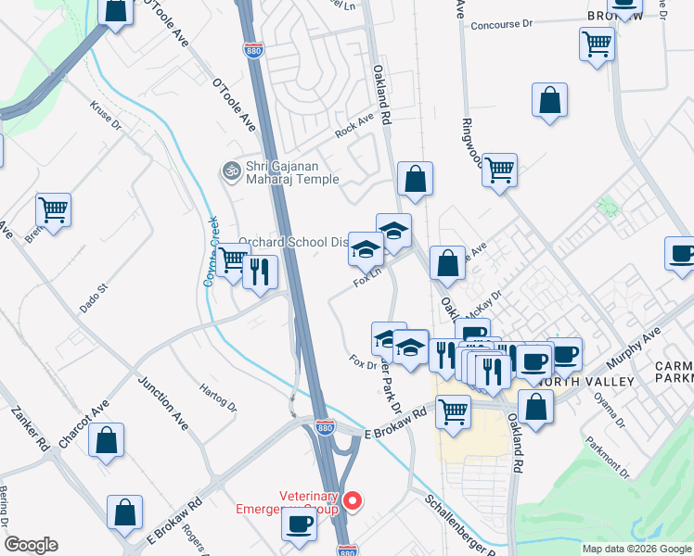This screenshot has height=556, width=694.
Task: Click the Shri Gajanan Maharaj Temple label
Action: (289, 171)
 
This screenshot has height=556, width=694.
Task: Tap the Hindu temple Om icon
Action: (229, 171)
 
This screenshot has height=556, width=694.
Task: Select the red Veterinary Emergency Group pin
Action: (353, 501)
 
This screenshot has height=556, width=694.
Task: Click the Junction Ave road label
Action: (163, 403)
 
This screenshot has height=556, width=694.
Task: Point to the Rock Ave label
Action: (353, 126)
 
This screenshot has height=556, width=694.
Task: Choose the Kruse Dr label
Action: (105, 116)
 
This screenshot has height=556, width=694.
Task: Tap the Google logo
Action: (31, 545)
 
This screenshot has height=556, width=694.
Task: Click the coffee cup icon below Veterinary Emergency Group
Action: (299, 524)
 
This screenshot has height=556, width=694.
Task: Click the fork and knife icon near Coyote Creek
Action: (260, 270)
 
